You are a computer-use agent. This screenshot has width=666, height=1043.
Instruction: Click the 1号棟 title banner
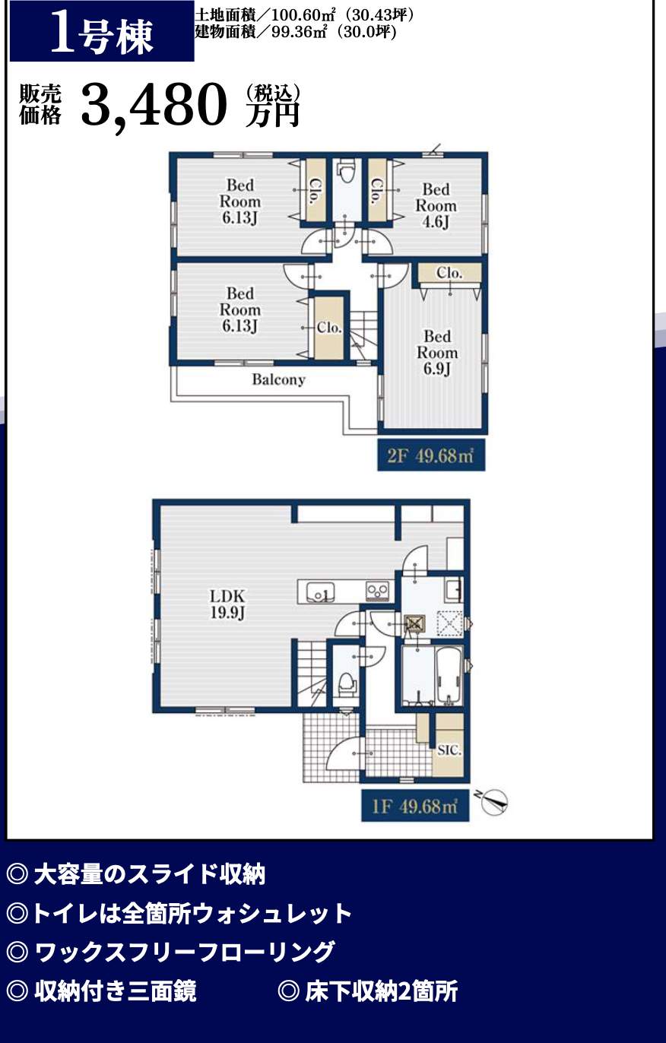coord(102,30)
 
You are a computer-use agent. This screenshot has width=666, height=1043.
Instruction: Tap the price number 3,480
coord(154,105)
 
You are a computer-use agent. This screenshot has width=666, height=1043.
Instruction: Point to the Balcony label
coord(278,379)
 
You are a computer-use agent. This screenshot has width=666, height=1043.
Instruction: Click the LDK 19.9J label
coord(227,604)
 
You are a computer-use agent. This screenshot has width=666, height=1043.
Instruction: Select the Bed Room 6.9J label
coord(437,353)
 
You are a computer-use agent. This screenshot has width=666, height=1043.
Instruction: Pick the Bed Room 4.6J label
coord(436,205)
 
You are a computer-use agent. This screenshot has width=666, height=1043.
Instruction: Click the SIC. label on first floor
coord(449,750)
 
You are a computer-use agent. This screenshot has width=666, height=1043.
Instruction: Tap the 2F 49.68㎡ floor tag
coord(431,455)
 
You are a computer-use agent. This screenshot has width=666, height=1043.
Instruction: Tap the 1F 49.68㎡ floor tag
coord(415,806)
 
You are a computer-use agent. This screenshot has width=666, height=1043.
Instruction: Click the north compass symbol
coord(493,803)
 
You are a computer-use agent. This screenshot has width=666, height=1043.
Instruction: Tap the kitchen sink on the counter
coord(319,591)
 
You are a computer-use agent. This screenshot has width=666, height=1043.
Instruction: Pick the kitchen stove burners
coord(377,591)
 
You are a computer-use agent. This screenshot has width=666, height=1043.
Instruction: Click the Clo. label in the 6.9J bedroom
coord(449,273)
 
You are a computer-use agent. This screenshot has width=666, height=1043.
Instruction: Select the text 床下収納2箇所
coord(382,991)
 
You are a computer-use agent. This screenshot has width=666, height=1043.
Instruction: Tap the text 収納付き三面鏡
coord(115,991)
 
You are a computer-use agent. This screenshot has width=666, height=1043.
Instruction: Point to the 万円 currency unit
coord(272,114)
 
